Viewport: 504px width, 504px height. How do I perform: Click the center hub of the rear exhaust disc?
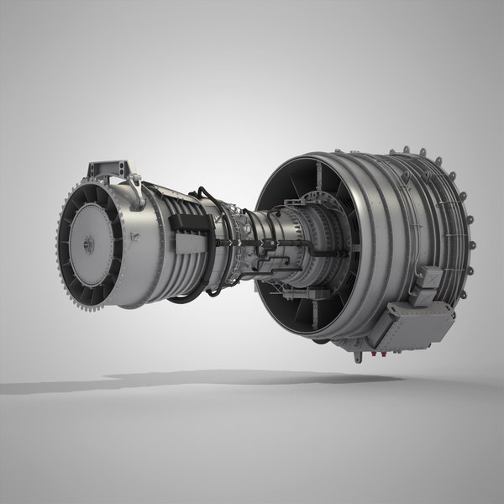coord(88,244)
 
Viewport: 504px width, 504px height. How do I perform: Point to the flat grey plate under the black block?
coord(189,244)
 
